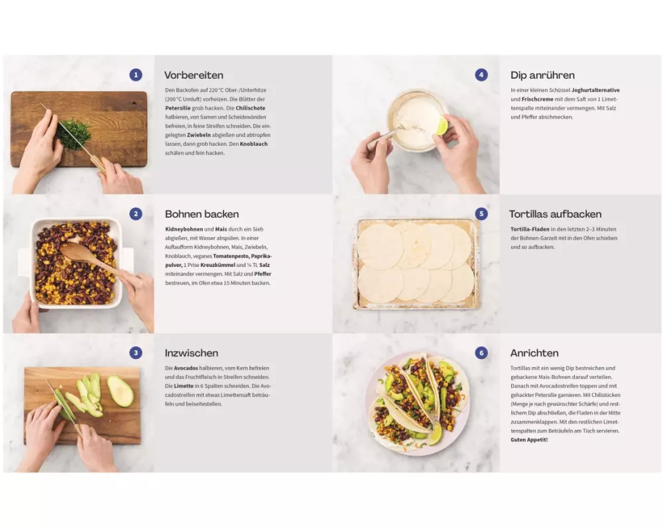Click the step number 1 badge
[x=136, y=75]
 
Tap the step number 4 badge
[x=481, y=75]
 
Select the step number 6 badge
[x=481, y=353]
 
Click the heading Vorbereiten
[x=194, y=76]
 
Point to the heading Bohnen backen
[x=202, y=214]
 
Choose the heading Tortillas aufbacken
[x=555, y=214]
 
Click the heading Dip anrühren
[x=542, y=76]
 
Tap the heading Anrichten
[x=534, y=353]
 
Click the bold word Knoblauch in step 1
[x=254, y=144]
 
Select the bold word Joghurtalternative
[x=595, y=90]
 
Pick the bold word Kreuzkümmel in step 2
[x=217, y=265]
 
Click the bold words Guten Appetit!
[x=529, y=440]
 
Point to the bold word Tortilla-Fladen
[x=530, y=229]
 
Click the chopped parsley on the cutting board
[x=74, y=134]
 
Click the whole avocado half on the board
[x=121, y=391]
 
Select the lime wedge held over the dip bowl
[x=442, y=125]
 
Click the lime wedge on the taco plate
[x=435, y=433]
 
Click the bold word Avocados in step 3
[x=186, y=368]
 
